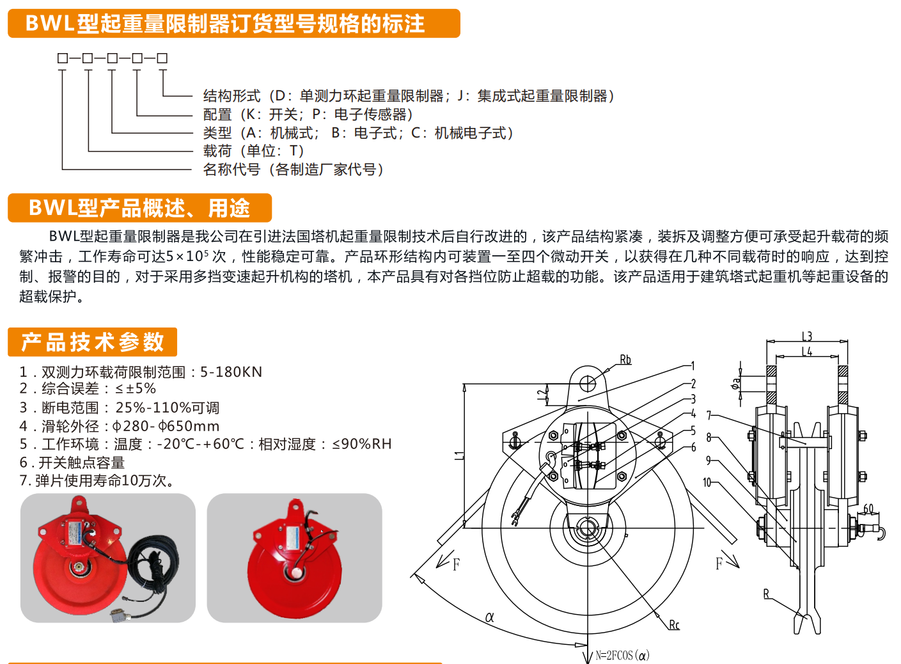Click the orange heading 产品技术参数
pos(93,342)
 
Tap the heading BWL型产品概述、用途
pos(139,208)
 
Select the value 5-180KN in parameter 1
pos(231,372)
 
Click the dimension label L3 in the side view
pos(807,336)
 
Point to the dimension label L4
pos(807,351)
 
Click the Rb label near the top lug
pos(625,360)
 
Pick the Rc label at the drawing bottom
pos(674,625)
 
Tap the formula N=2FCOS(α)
pos(622,656)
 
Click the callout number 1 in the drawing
pos(693,366)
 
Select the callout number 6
pos(693,447)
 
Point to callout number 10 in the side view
pos(707,482)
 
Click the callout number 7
pos(709,415)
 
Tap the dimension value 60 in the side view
pos(868,509)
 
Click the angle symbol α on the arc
pos(490,617)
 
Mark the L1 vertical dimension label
pos(459,455)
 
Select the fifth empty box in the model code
pos(162,58)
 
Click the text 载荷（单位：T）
pos(254,151)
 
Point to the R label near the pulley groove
pos(766,594)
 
